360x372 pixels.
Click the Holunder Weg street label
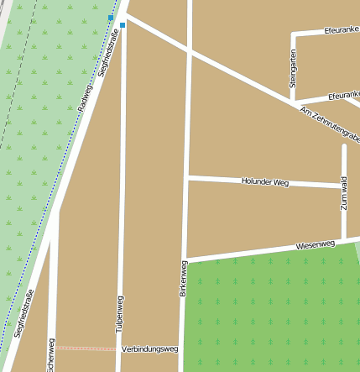click(x=264, y=181)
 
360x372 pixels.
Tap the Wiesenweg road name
click(x=316, y=246)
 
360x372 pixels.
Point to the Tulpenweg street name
click(x=119, y=315)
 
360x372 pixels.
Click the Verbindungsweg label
click(x=150, y=348)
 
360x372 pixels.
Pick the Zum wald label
click(x=344, y=193)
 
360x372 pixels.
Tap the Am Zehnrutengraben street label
click(x=330, y=125)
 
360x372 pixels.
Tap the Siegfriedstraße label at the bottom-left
click(x=24, y=313)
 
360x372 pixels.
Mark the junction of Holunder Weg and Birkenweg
click(x=188, y=177)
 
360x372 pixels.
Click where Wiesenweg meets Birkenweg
click(x=185, y=259)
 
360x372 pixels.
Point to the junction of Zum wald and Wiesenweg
click(x=344, y=240)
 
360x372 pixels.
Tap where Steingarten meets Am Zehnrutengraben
click(x=293, y=101)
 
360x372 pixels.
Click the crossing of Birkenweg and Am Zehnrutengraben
click(x=190, y=53)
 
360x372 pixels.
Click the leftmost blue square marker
click(x=111, y=17)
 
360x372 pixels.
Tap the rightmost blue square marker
click(x=123, y=25)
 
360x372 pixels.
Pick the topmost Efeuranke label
click(x=341, y=30)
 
